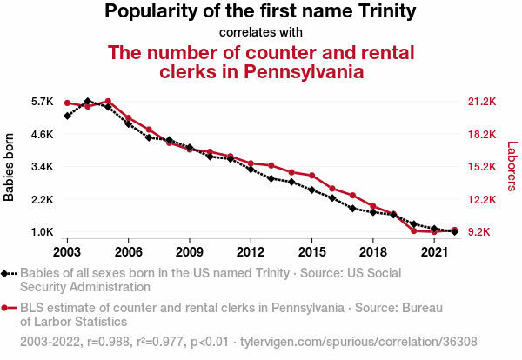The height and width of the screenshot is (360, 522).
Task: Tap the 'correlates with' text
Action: pyautogui.click(x=260, y=33)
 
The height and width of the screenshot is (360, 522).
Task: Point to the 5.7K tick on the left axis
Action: pyautogui.click(x=43, y=102)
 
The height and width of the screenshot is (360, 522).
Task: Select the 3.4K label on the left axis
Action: pyautogui.click(x=43, y=167)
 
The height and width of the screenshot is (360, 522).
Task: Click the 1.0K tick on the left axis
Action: pyautogui.click(x=43, y=232)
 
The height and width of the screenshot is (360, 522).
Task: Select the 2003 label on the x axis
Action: pyautogui.click(x=67, y=252)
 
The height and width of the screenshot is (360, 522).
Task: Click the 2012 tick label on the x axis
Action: pyautogui.click(x=251, y=252)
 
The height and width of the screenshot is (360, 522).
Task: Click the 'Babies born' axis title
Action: pyautogui.click(x=10, y=167)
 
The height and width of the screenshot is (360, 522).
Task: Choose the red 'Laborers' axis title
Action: pyautogui.click(x=512, y=167)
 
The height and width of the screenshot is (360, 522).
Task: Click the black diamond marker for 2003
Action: pyautogui.click(x=67, y=116)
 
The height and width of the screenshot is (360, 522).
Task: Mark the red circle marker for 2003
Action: pyautogui.click(x=67, y=103)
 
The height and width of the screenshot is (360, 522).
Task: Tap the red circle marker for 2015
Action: pyautogui.click(x=311, y=176)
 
